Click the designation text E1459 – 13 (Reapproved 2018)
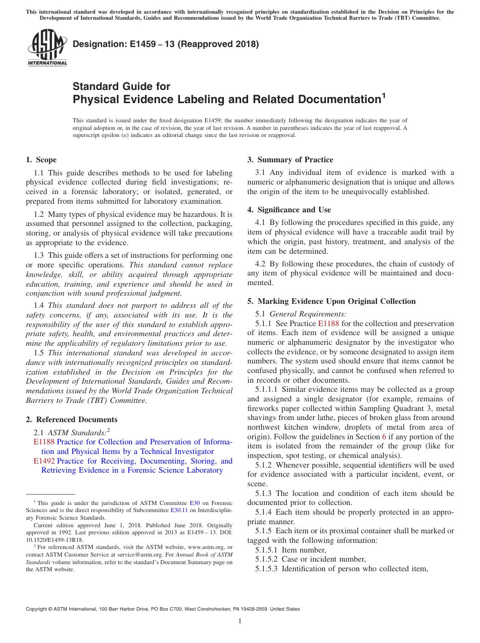[x=166, y=44]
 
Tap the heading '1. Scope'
[x=41, y=160]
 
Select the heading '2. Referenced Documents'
[x=72, y=420]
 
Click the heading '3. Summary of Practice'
[x=290, y=160]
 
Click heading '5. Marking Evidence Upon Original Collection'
[x=331, y=301]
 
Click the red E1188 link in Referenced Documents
[x=44, y=442]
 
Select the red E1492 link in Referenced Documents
[x=44, y=461]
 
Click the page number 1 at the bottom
[x=240, y=621]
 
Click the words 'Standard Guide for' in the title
[x=121, y=86]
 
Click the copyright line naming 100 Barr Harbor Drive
[x=163, y=609]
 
